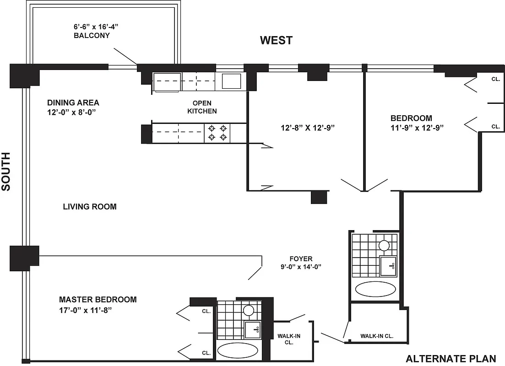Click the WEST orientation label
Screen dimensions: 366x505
pos(276,40)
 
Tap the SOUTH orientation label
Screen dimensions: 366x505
pos(6,172)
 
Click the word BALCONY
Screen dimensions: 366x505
pos(92,35)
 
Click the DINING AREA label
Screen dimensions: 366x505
pos(73,102)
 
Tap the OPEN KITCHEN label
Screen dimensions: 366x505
pos(201,107)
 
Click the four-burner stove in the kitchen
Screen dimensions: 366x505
pos(217,133)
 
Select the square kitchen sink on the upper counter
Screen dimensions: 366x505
pos(232,81)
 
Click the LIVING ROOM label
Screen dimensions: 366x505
pos(89,207)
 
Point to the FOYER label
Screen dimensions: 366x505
pos(301,258)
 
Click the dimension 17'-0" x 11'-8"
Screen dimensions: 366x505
pos(86,310)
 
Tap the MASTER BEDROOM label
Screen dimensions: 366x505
pos(98,300)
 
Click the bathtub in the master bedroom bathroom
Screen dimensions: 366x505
pos(238,350)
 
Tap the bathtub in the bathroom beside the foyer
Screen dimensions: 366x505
pos(375,289)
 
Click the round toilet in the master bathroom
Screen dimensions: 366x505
pos(249,311)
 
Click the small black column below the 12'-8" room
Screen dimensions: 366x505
pos(319,197)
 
